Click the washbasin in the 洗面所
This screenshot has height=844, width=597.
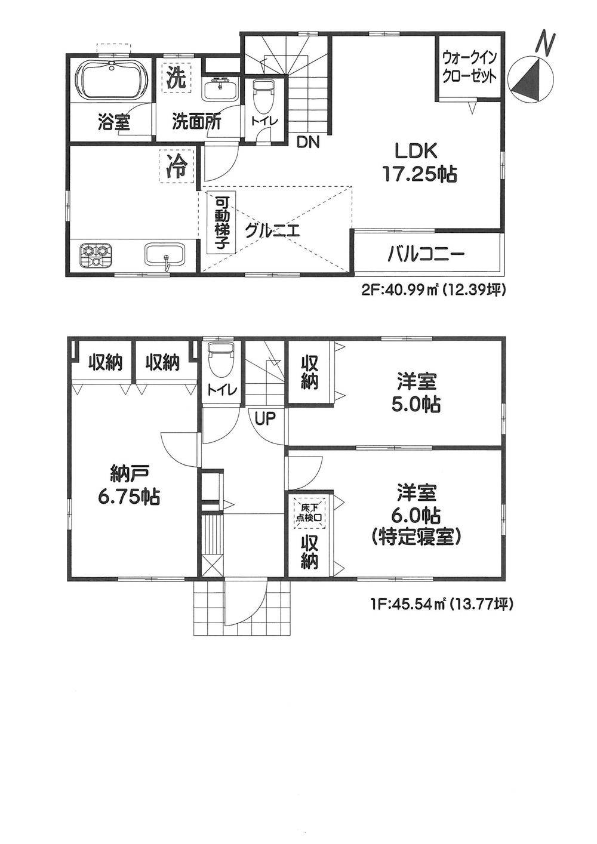coord(220,90)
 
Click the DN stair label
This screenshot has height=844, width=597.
coord(309,142)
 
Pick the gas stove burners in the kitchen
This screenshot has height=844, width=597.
coord(95,255)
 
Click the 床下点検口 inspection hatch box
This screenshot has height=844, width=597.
coord(309,512)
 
